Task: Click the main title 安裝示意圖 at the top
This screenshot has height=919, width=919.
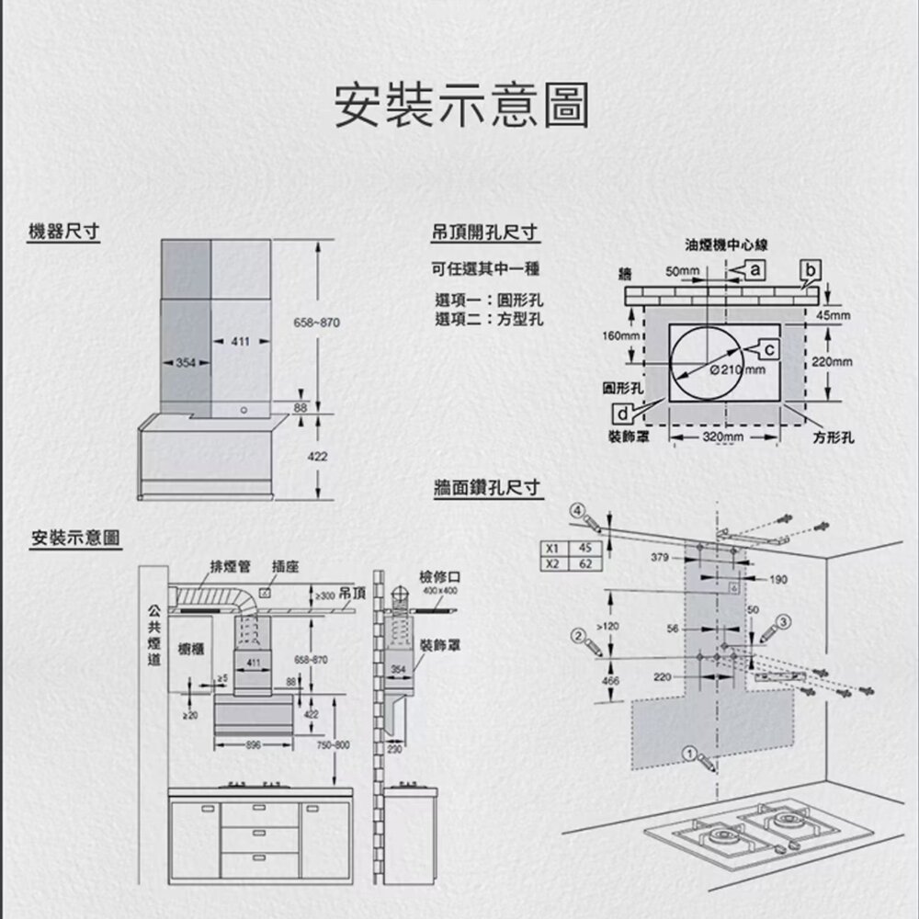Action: point(459,106)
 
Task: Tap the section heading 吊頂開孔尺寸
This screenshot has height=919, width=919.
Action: point(484,233)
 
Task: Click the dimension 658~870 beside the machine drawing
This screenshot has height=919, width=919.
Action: point(315,323)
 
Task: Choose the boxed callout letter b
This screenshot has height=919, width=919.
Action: point(809,269)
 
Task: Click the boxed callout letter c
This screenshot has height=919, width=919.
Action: point(770,348)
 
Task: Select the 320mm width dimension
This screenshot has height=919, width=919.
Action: point(723,436)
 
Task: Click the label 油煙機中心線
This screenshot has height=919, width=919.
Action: point(726,245)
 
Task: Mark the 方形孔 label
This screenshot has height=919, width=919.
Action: point(833,438)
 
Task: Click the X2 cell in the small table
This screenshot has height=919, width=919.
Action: point(552,563)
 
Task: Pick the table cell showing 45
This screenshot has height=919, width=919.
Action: point(585,549)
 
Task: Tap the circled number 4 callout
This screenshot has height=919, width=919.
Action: point(576,510)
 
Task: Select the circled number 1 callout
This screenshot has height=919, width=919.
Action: point(689,753)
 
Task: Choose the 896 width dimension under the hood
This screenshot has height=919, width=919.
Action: point(252,743)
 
